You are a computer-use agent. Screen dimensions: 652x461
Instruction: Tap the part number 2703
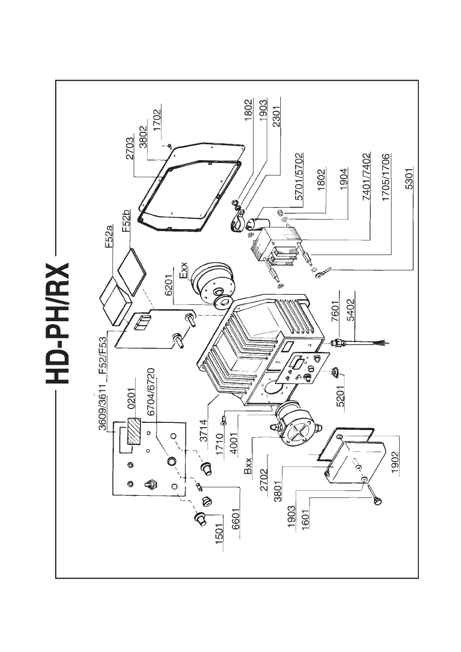pos(131,150)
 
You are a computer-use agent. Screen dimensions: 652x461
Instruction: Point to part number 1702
pos(157,122)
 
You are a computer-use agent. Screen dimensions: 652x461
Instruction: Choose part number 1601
pos(305,517)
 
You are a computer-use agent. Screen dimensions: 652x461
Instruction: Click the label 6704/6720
pos(150,392)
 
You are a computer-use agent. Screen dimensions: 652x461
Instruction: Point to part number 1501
pos(219,534)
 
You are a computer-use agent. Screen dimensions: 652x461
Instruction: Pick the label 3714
pos(204,431)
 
